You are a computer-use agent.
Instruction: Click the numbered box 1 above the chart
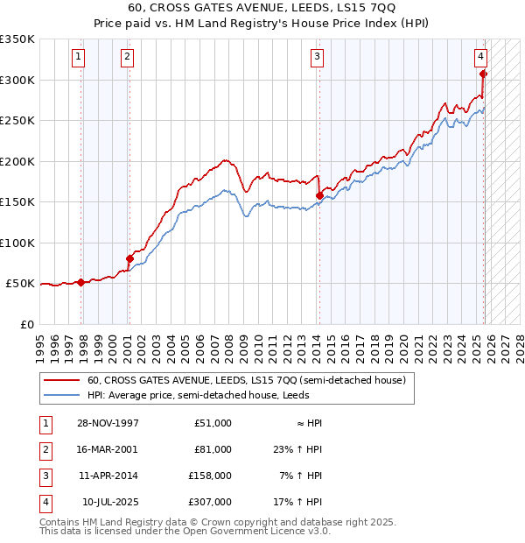[x=78, y=57]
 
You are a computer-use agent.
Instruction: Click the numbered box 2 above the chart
[x=127, y=57]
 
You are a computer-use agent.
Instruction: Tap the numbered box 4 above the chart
[x=480, y=57]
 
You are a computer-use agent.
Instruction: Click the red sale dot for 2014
[x=319, y=196]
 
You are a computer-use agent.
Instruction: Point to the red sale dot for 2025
[x=483, y=74]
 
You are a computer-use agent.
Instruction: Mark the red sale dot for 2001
[x=129, y=258]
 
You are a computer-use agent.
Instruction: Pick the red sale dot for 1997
[x=81, y=282]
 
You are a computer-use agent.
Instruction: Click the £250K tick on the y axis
[x=17, y=121]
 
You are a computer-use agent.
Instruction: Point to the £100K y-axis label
[x=17, y=243]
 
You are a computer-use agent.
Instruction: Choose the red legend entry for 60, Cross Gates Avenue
[x=246, y=381]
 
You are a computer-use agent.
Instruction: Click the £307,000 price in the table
[x=210, y=502]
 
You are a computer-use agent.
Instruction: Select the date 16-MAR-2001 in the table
[x=106, y=449]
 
